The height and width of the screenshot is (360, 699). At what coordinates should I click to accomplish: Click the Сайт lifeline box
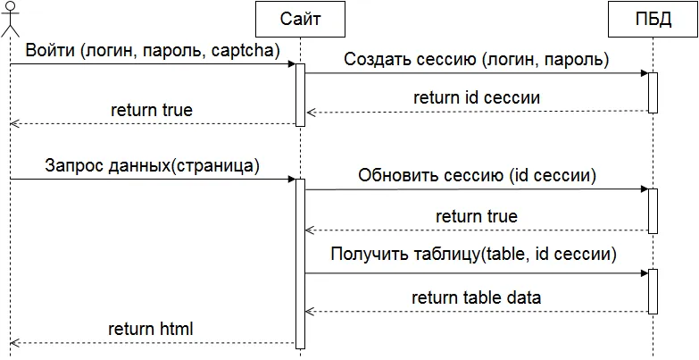pyautogui.click(x=300, y=18)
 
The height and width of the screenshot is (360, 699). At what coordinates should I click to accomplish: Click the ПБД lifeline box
pyautogui.click(x=653, y=18)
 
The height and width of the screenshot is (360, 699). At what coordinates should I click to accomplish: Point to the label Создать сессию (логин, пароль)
pyautogui.click(x=476, y=60)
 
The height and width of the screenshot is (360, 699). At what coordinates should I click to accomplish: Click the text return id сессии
pyautogui.click(x=478, y=96)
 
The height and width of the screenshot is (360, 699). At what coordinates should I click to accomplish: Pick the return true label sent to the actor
pyautogui.click(x=152, y=110)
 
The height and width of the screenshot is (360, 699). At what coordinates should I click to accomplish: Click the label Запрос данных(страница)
pyautogui.click(x=152, y=165)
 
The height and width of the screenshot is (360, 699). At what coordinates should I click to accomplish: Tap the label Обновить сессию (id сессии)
pyautogui.click(x=477, y=175)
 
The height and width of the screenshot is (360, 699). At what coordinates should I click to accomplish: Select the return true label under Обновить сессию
pyautogui.click(x=476, y=216)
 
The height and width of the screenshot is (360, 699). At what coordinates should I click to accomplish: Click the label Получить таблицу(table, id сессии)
pyautogui.click(x=473, y=255)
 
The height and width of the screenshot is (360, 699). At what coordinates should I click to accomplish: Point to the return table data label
pyautogui.click(x=476, y=297)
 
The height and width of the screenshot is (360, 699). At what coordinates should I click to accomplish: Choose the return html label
pyautogui.click(x=151, y=329)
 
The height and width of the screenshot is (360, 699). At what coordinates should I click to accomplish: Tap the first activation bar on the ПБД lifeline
pyautogui.click(x=653, y=93)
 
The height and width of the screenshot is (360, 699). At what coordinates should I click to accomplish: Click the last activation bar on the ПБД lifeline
pyautogui.click(x=653, y=290)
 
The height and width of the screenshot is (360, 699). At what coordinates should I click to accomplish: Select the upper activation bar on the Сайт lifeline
pyautogui.click(x=300, y=95)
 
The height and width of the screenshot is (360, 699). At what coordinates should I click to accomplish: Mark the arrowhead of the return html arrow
pyautogui.click(x=14, y=343)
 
